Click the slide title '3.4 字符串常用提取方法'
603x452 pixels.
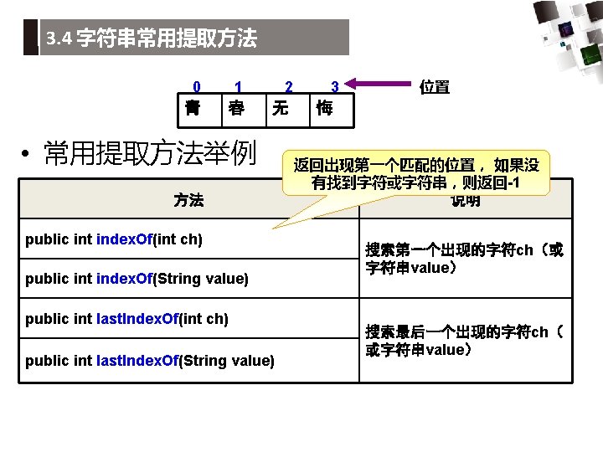pos(152,39)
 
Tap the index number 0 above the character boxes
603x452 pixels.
pos(197,86)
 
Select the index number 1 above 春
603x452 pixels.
pos(239,86)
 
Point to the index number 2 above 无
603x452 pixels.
pos(289,86)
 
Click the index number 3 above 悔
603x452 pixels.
pos(334,86)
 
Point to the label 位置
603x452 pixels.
pos(435,86)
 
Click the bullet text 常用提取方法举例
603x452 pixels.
pos(149,153)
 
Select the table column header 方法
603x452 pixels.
pos(188,200)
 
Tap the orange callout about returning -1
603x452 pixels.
pos(417,173)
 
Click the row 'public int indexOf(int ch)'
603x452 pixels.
pos(114,239)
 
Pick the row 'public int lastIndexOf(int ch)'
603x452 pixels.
pos(127,319)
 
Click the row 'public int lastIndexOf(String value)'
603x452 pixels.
pos(150,360)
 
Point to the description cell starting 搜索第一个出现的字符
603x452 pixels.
pos(464,259)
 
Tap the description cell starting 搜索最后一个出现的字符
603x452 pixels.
pos(464,341)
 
